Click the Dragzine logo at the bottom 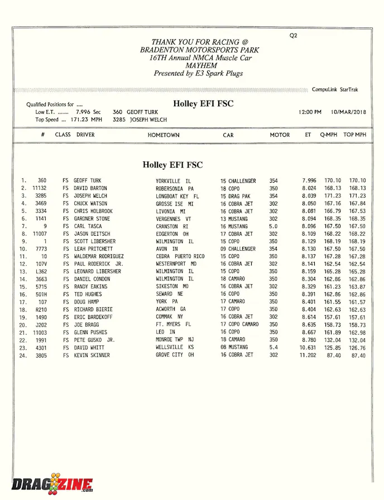tap(52, 483)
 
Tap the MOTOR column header tap(280, 135)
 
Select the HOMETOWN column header tap(164, 135)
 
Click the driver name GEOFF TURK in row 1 tap(88, 181)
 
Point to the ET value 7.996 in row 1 tap(309, 181)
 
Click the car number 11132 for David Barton tap(40, 189)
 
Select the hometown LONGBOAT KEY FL tap(177, 197)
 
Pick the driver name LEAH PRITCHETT tap(94, 249)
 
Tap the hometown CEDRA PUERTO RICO tap(180, 256)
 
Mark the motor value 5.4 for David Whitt tap(273, 347)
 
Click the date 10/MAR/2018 tap(348, 112)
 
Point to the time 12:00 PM tap(310, 112)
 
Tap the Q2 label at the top tap(294, 36)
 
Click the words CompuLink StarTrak tap(335, 89)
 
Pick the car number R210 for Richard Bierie tap(41, 309)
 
